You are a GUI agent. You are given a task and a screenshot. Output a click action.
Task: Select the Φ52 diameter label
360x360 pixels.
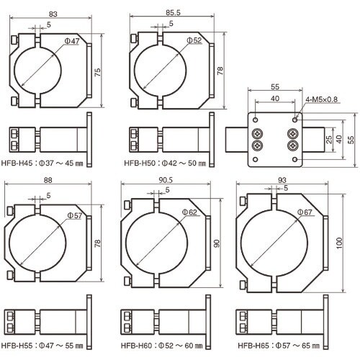click(x=191, y=40)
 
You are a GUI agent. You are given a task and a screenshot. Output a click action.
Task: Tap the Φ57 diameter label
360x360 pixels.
click(x=74, y=215)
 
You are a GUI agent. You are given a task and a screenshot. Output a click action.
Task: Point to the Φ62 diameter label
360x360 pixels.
click(x=189, y=212)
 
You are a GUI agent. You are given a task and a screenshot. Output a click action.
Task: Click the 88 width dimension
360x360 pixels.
click(x=47, y=181)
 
